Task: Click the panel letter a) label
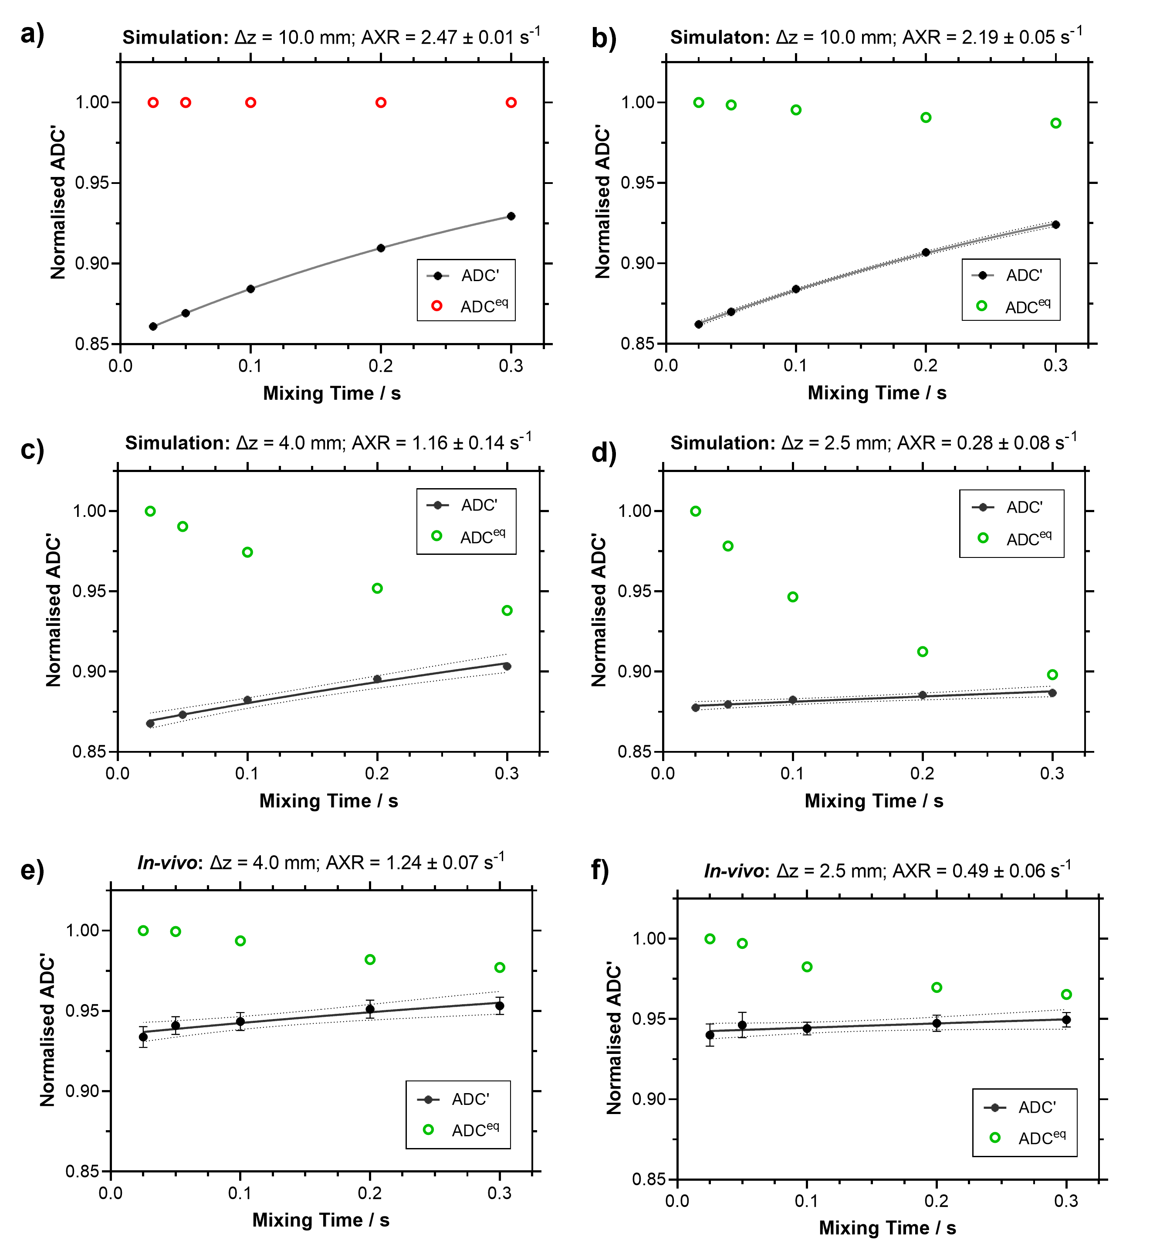32,35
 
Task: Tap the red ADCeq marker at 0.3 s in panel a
511,102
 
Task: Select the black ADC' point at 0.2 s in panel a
381,248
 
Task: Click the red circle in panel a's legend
437,305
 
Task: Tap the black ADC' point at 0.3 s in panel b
1056,225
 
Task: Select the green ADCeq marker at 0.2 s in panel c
377,588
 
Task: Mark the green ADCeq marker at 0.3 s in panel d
1052,675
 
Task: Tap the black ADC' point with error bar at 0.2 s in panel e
370,1009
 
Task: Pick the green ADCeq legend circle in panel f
995,1137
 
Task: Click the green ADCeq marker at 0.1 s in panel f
807,967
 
